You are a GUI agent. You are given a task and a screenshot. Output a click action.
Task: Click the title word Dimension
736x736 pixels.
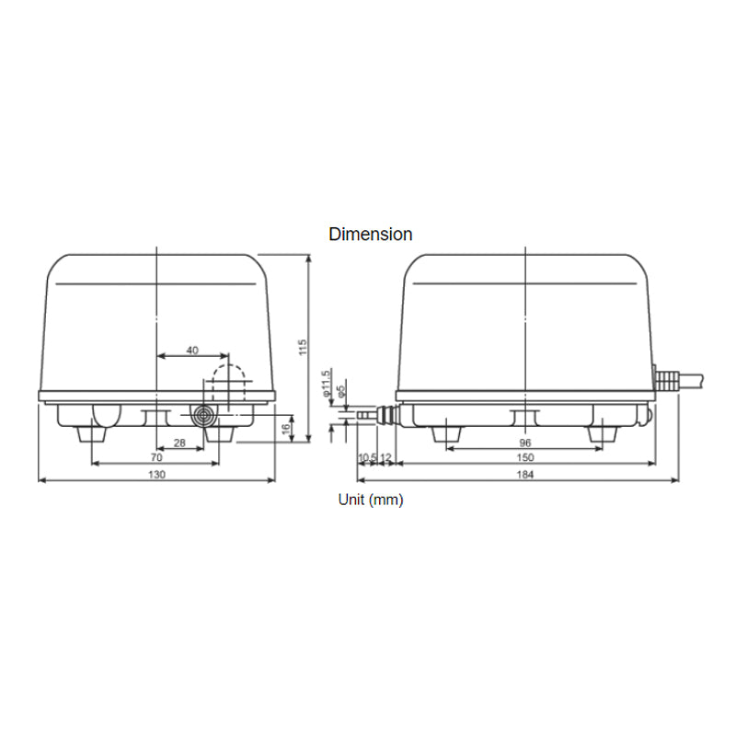pos(371,235)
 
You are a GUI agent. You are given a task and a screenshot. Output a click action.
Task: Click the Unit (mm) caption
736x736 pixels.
pos(371,500)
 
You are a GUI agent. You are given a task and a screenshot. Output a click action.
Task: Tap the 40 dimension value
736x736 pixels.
pos(192,351)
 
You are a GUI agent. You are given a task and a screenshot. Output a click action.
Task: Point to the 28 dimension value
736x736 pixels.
pos(179,444)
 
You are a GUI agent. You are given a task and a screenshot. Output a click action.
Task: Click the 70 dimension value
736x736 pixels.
pos(156,457)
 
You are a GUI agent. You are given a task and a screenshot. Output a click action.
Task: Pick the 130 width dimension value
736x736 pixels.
pos(156,474)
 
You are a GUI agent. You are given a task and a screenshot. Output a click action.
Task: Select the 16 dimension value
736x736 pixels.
pos(286,428)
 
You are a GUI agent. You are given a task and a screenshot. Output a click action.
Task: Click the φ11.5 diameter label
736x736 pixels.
pos(326,384)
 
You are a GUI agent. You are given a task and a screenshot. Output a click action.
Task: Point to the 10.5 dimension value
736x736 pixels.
pos(365,457)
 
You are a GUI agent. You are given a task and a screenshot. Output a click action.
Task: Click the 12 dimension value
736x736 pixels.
pos(386,457)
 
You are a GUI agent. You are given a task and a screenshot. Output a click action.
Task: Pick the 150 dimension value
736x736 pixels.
pos(523,457)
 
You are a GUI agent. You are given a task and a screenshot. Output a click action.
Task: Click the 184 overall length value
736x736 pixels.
pos(523,474)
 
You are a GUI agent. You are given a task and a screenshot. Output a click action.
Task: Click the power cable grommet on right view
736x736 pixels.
pos(666,378)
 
